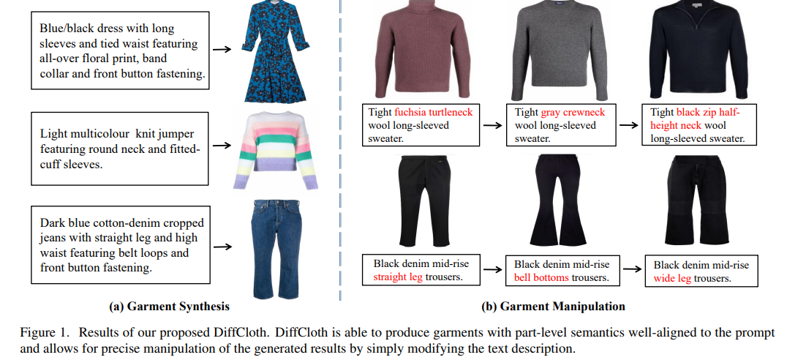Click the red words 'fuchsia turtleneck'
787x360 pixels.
coord(434,112)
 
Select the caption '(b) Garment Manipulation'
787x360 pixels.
coord(554,307)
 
